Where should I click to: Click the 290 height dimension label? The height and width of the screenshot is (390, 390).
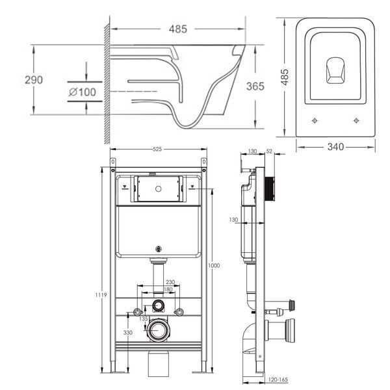click(34, 80)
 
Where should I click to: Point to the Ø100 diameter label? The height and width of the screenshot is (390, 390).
click(83, 92)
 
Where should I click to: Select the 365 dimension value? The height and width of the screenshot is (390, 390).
click(255, 86)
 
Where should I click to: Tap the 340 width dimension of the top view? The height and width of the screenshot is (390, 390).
click(335, 147)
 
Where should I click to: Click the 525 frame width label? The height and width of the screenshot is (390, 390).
click(157, 149)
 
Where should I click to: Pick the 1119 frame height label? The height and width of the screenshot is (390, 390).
click(101, 294)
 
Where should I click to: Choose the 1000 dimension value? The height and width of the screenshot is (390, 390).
click(214, 265)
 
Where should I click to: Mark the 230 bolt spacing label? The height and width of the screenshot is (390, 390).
click(170, 282)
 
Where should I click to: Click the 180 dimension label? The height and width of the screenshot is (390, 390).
click(168, 289)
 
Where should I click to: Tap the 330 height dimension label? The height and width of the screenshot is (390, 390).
click(128, 333)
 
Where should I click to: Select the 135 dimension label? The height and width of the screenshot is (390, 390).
click(144, 318)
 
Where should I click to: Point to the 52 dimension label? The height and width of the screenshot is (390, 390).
click(269, 151)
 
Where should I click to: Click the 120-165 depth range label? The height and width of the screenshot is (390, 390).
click(278, 380)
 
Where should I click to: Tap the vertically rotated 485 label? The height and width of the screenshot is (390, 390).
click(285, 77)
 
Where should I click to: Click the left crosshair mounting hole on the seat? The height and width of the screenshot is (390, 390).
click(315, 121)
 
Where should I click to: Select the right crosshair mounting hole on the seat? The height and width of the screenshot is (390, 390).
click(356, 121)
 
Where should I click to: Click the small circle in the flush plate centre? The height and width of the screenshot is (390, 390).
click(158, 189)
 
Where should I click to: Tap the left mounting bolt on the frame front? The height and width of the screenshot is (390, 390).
click(137, 312)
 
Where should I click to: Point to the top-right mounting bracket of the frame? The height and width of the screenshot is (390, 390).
click(203, 162)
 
